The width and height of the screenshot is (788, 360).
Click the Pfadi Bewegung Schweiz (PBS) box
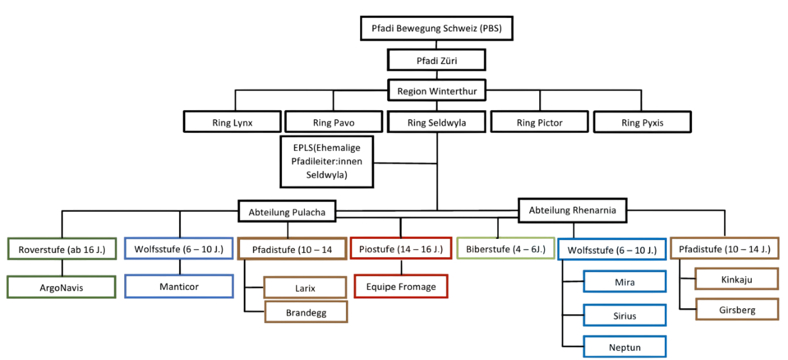[x=436, y=28]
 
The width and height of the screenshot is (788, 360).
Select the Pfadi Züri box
[x=436, y=60]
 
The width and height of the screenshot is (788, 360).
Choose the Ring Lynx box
[x=232, y=122]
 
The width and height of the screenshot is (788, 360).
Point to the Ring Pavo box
[x=334, y=122]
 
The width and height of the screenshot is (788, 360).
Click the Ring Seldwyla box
[x=436, y=122]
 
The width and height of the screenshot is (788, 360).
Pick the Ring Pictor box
[x=540, y=122]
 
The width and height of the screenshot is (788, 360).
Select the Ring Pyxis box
[x=642, y=122]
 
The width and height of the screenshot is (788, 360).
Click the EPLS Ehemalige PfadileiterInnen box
[x=327, y=161]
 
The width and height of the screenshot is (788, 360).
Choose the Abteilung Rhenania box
[x=573, y=210]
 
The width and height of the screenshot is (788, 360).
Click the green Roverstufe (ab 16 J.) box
[x=62, y=249]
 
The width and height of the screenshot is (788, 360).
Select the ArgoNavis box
[x=62, y=287]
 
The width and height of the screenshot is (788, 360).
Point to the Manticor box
[x=179, y=286]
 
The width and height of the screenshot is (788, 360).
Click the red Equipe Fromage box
[x=401, y=286]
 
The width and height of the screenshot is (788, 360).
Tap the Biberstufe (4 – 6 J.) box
[x=505, y=249]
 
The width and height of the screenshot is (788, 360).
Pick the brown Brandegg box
[x=306, y=312]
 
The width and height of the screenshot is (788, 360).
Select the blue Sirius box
[x=625, y=315]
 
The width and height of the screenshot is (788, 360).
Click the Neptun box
[x=625, y=347]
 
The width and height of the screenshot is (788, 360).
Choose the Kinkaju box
[x=736, y=279]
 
